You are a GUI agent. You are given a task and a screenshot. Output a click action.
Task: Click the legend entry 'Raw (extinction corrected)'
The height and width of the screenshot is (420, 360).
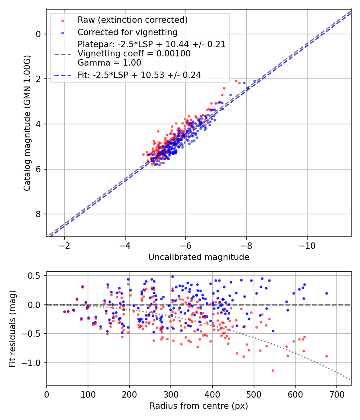(x=132, y=20)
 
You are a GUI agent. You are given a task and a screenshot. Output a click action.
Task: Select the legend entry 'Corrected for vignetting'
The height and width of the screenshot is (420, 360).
(x=128, y=32)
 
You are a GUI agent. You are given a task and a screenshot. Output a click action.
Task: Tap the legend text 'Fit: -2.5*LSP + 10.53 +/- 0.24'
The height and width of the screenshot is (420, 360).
(x=139, y=75)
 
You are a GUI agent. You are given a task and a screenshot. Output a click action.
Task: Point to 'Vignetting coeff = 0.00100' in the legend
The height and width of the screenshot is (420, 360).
(x=134, y=54)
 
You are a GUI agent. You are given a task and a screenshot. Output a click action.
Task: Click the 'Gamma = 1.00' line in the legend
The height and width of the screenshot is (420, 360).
(x=110, y=62)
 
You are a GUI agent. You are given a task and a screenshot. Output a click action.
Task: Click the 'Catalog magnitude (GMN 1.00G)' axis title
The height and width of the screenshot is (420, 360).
(x=27, y=123)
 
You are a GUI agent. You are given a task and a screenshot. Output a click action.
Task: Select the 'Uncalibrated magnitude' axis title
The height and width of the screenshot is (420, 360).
(x=199, y=257)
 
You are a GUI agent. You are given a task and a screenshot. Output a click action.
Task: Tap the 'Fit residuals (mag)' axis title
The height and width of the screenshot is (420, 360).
(x=12, y=328)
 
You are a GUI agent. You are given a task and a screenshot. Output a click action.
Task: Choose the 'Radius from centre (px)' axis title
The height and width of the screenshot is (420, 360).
(x=199, y=406)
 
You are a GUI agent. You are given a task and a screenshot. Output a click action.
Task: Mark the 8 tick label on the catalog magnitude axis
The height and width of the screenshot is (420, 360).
(x=38, y=214)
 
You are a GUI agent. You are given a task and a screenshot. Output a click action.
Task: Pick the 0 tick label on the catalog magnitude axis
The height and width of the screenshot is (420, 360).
(x=38, y=34)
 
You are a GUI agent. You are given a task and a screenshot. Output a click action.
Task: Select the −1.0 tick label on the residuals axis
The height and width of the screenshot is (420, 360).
(x=34, y=363)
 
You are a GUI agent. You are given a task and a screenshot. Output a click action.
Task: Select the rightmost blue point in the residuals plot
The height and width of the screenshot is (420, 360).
(x=326, y=293)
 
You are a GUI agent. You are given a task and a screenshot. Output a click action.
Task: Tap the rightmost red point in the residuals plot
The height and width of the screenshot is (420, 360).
(x=326, y=356)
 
